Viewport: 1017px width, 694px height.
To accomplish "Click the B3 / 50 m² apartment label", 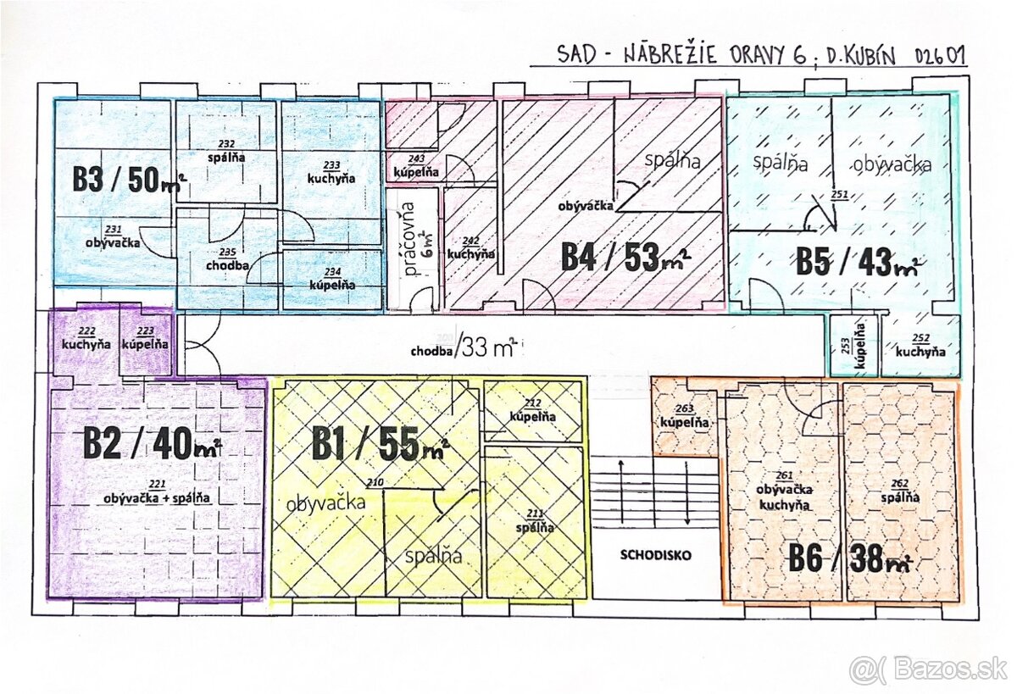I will [x=128, y=179].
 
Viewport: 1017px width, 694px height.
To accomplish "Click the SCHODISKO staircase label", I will [x=655, y=556].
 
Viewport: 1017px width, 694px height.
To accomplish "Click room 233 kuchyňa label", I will [x=331, y=173].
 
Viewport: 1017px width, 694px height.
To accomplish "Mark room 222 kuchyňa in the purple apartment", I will [x=86, y=339].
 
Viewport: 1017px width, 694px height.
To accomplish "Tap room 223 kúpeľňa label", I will [x=145, y=339].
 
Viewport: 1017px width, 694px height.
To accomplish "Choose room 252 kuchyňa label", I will [x=921, y=347].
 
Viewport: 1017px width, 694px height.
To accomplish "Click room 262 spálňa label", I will [x=900, y=492].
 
